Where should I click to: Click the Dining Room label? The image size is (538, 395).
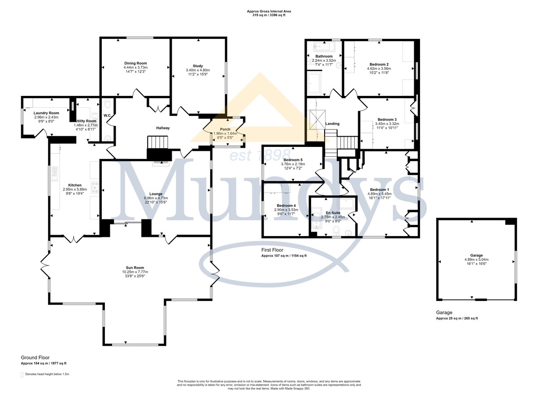(135, 63)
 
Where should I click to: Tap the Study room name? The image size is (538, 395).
(198, 66)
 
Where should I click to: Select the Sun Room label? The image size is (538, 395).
(135, 267)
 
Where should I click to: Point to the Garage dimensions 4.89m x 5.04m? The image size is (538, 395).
(477, 259)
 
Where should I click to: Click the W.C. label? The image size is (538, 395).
(107, 116)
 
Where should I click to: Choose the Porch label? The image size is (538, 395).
(225, 129)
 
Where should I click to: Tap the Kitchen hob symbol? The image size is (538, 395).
(95, 187)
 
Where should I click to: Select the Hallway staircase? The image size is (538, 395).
(157, 142)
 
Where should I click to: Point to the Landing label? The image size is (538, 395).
(332, 124)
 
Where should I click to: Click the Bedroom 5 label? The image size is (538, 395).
(293, 160)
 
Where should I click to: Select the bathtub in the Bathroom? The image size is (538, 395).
(324, 47)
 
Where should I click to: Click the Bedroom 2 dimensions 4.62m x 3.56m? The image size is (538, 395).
(379, 69)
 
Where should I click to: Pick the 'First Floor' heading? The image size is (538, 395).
(273, 250)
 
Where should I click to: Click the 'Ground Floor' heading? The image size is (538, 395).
(35, 357)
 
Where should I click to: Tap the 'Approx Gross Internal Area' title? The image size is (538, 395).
(269, 11)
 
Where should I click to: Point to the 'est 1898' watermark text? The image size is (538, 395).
(260, 155)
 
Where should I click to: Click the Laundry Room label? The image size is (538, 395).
(46, 113)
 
